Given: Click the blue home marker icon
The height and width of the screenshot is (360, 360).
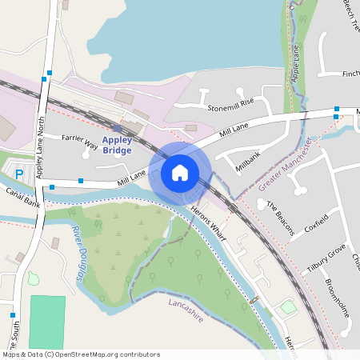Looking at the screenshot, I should pyautogui.click(x=180, y=172).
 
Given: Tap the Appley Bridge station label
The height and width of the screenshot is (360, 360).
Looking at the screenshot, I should pyautogui.click(x=118, y=145).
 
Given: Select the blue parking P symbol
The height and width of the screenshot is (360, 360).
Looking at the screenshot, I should pyautogui.click(x=20, y=173).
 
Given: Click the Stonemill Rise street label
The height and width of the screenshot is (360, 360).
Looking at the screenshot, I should pyautogui.click(x=230, y=102).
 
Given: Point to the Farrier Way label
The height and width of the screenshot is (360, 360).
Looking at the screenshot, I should pyautogui.click(x=80, y=142).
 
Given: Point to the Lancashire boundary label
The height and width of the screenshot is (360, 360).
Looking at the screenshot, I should pyautogui.click(x=186, y=310).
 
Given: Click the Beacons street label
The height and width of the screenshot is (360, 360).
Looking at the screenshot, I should pyautogui.click(x=281, y=217).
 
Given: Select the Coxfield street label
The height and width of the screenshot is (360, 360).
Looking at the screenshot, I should pyautogui.click(x=316, y=228).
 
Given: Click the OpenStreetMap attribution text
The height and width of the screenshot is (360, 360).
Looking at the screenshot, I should pyautogui.click(x=80, y=354).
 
